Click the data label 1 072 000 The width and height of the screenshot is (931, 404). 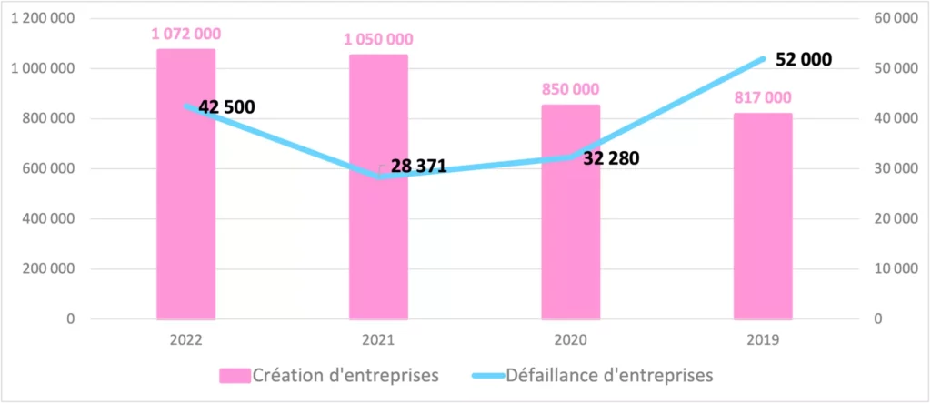coord(185,34)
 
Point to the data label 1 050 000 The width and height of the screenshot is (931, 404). coord(378,39)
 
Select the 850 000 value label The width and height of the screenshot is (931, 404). coord(570,89)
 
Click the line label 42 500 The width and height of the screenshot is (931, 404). coord(226,107)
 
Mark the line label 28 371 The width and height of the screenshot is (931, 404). coord(418,166)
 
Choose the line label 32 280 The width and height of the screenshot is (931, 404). coord(611,158)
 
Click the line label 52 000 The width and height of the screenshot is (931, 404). coord(804,59)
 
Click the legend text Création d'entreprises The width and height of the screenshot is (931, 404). coord(345,374)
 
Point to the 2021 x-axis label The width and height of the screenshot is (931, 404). coord(378,338)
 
